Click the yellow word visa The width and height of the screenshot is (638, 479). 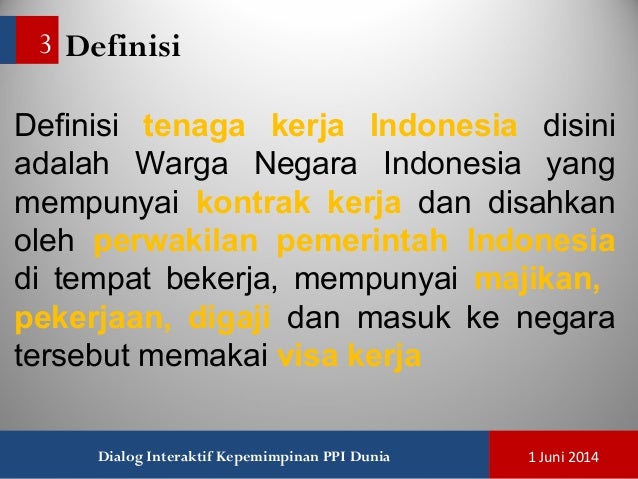304,355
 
